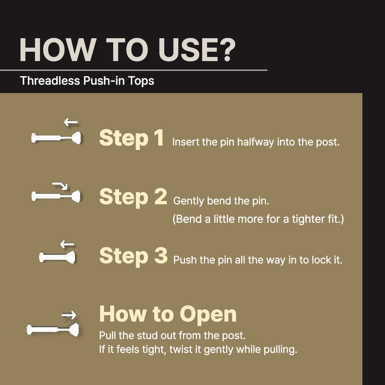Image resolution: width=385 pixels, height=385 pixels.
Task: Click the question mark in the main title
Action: pos(226,50)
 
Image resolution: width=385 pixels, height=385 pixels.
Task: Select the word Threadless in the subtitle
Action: pos(50,80)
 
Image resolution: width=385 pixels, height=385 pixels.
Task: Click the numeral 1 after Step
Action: pos(159,138)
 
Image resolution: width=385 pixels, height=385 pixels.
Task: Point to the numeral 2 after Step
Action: pos(160,196)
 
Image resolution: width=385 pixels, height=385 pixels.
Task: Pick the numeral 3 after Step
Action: pos(161,256)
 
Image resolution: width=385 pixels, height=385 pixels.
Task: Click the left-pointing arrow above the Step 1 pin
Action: pos(71,122)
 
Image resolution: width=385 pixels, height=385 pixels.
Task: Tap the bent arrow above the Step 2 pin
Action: pos(60,186)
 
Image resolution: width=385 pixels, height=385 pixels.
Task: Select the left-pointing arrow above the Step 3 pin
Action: pos(67,244)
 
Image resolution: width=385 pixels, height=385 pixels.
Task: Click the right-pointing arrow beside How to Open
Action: pos(69,315)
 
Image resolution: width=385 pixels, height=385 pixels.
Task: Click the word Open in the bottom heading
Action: pos(208,315)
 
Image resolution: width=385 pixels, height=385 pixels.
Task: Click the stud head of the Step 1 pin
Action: pos(77,138)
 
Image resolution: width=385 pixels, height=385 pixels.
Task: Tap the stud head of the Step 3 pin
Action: pos(71,257)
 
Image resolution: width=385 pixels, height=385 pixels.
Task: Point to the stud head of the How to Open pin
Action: pos(74,330)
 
